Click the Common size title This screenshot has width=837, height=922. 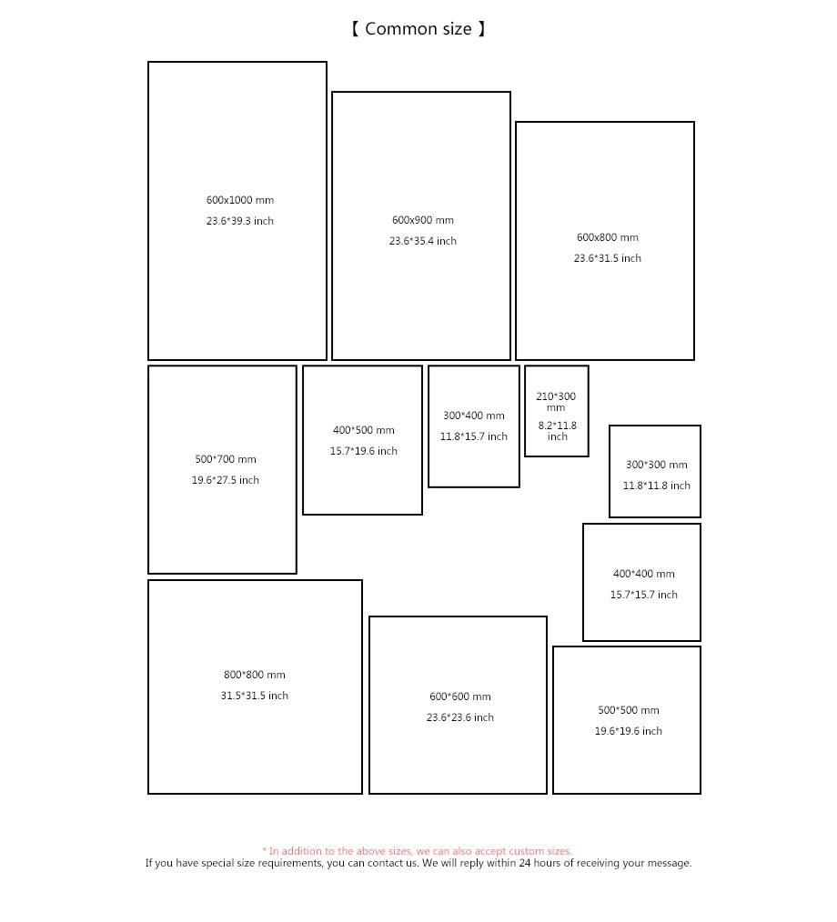(418, 29)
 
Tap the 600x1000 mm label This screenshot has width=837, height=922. (240, 200)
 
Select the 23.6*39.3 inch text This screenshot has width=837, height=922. (240, 221)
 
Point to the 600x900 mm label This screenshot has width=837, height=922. (423, 220)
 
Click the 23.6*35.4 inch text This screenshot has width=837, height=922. (423, 241)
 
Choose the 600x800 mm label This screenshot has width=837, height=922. (608, 237)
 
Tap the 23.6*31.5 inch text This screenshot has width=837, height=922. (608, 258)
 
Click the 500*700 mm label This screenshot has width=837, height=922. (226, 459)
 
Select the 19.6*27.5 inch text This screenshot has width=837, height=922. (226, 480)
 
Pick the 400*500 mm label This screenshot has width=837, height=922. (364, 430)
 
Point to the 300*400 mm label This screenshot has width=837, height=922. (474, 416)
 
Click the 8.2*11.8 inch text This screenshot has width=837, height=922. (558, 431)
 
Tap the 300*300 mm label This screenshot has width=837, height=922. (657, 465)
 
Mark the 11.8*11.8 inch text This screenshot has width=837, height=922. (657, 486)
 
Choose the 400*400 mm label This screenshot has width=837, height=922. (644, 574)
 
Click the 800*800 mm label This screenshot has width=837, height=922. (255, 675)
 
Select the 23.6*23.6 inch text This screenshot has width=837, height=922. (460, 717)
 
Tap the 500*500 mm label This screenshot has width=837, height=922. (629, 710)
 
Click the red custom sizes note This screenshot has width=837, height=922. (417, 851)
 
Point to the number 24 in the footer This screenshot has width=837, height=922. (525, 863)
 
